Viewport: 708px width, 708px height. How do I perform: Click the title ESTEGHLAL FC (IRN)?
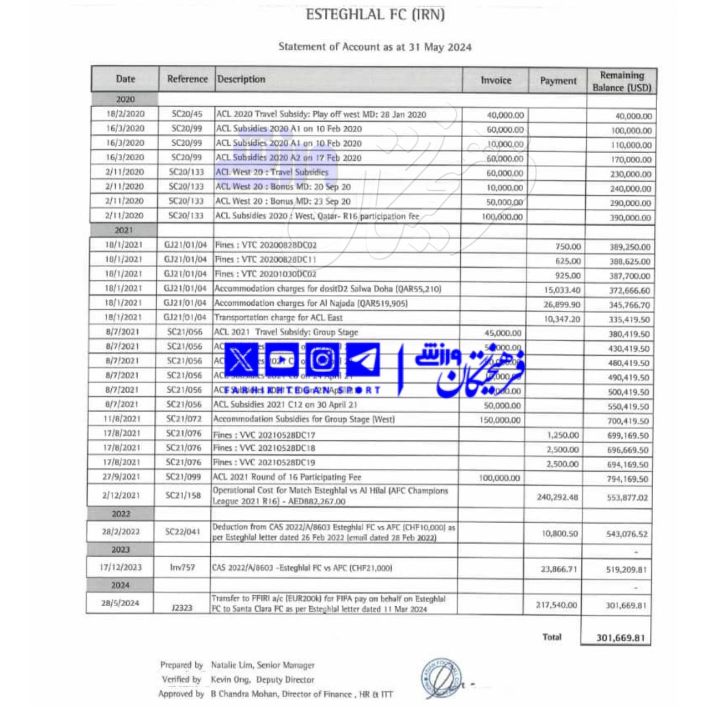(375, 15)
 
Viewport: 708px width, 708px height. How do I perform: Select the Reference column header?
(187, 79)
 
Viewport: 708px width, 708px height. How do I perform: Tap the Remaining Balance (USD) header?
(622, 81)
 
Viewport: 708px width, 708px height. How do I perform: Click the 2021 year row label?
(124, 230)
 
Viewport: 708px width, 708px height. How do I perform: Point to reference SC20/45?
(187, 114)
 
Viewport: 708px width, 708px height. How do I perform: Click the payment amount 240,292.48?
(557, 497)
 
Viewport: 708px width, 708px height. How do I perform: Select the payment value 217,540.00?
(556, 605)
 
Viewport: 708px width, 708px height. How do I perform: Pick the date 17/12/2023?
(121, 568)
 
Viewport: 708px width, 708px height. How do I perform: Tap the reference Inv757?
(183, 568)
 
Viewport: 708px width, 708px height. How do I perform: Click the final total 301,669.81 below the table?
(620, 638)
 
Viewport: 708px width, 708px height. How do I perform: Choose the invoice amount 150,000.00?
(499, 420)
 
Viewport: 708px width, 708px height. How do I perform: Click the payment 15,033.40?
(562, 290)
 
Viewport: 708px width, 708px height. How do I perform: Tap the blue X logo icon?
(241, 360)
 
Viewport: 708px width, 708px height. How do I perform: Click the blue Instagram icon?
(322, 360)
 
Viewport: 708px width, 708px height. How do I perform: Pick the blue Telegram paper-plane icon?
(363, 360)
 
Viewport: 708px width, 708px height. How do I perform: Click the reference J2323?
(182, 608)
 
